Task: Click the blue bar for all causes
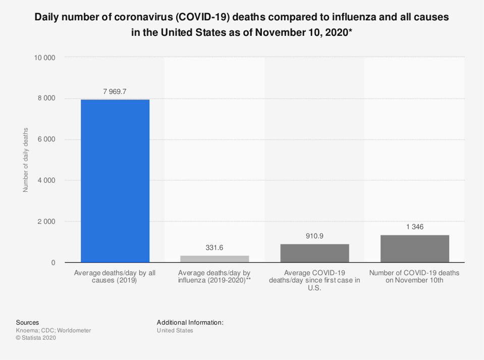point(115,181)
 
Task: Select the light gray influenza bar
point(214,259)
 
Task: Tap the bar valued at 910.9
point(314,253)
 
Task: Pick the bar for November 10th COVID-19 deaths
point(414,248)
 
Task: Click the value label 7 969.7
point(115,91)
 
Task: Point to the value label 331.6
point(214,247)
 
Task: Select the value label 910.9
point(314,236)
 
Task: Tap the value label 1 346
point(414,227)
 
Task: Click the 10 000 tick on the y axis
point(44,57)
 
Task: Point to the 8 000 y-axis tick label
point(46,98)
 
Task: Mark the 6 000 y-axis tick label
point(46,139)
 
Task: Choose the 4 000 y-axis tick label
point(46,180)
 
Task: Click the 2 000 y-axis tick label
point(46,222)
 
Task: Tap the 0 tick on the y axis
point(53,263)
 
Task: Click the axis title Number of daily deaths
point(26,160)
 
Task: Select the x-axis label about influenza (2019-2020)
point(214,276)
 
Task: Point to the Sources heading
point(27,322)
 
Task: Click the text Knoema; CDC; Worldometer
point(53,330)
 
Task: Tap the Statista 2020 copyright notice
point(36,338)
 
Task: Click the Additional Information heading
point(190,322)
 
